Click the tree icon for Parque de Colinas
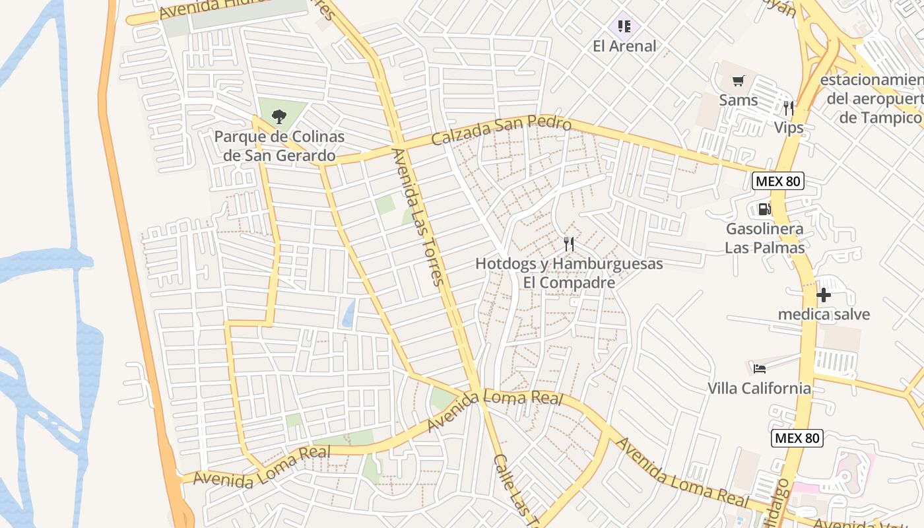(x=279, y=117)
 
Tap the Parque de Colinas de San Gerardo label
(x=279, y=147)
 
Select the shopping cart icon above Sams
(x=738, y=81)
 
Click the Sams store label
(x=738, y=100)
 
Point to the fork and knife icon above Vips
(x=789, y=108)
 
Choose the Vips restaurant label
(x=789, y=127)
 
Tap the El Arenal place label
(x=624, y=46)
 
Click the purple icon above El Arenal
(x=624, y=26)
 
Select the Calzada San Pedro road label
(x=501, y=131)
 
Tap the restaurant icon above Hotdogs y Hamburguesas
(x=569, y=244)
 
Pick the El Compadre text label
(x=569, y=282)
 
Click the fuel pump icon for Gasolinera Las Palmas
(x=764, y=209)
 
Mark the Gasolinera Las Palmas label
(x=765, y=238)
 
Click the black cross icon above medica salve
(x=823, y=295)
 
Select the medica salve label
(x=824, y=314)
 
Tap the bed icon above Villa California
(x=760, y=368)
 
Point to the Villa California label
(x=759, y=388)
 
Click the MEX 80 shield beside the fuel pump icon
(x=778, y=181)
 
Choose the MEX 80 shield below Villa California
(x=797, y=438)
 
